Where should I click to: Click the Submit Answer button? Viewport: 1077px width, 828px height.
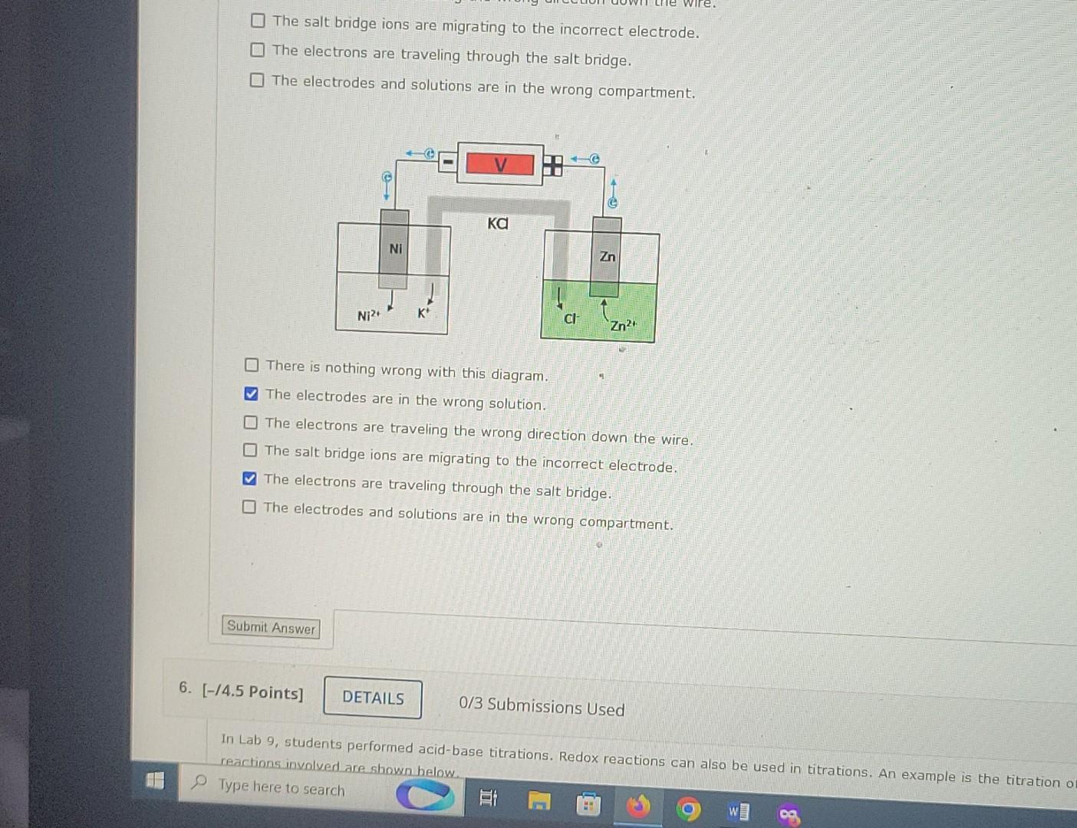pos(271,627)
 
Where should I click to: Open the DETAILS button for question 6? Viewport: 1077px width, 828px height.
pos(373,697)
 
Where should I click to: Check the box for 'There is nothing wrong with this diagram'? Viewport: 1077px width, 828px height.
pos(252,365)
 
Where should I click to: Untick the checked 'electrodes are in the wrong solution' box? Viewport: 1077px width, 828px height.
pos(251,394)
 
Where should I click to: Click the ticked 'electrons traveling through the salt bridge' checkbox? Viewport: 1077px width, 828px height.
pos(249,479)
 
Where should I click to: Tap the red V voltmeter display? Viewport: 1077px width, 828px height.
pos(500,164)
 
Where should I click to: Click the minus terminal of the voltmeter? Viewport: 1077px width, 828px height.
pos(447,162)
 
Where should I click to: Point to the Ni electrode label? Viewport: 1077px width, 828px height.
pos(395,248)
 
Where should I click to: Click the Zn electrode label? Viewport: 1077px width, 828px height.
pos(607,256)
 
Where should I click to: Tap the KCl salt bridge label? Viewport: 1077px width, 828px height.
pos(498,223)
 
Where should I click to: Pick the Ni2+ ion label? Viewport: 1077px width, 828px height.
pos(368,315)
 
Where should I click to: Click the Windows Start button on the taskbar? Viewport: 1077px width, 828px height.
pos(155,780)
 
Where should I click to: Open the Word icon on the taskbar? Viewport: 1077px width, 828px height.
pos(738,811)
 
